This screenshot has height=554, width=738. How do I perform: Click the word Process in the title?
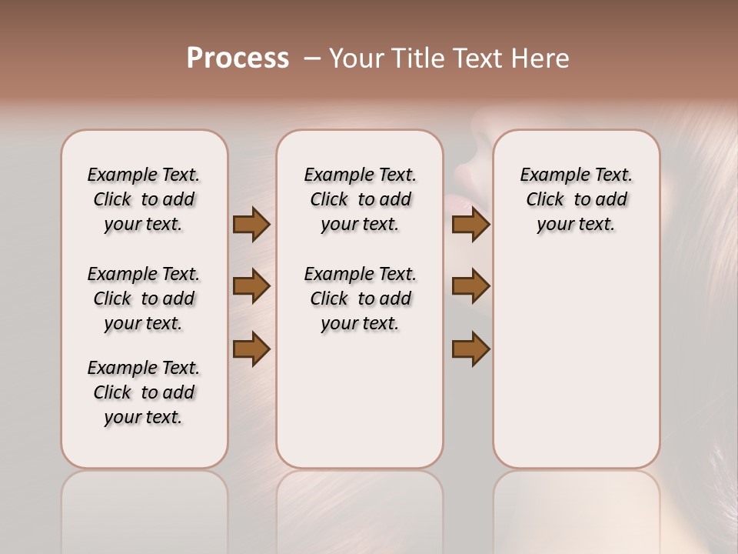[x=238, y=58]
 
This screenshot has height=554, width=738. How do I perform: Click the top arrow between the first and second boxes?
[x=251, y=224]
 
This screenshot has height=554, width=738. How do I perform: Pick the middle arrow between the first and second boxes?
[x=251, y=286]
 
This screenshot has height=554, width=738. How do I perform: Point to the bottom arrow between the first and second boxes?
[x=251, y=349]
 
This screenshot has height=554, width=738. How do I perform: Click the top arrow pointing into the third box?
[x=470, y=224]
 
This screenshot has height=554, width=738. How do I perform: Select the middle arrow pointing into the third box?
[x=470, y=286]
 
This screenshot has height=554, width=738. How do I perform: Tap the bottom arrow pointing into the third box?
[x=470, y=349]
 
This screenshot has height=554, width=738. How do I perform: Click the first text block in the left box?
[x=144, y=199]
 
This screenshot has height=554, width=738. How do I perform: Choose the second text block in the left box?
[x=144, y=299]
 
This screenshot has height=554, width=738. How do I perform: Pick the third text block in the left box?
[x=144, y=392]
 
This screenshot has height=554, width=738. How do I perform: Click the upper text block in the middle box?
[x=360, y=199]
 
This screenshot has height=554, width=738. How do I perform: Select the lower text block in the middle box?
[x=360, y=299]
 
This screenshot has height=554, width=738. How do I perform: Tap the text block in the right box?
[x=576, y=199]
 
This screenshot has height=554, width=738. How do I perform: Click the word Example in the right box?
[x=549, y=175]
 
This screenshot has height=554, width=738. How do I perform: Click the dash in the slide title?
[x=312, y=58]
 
